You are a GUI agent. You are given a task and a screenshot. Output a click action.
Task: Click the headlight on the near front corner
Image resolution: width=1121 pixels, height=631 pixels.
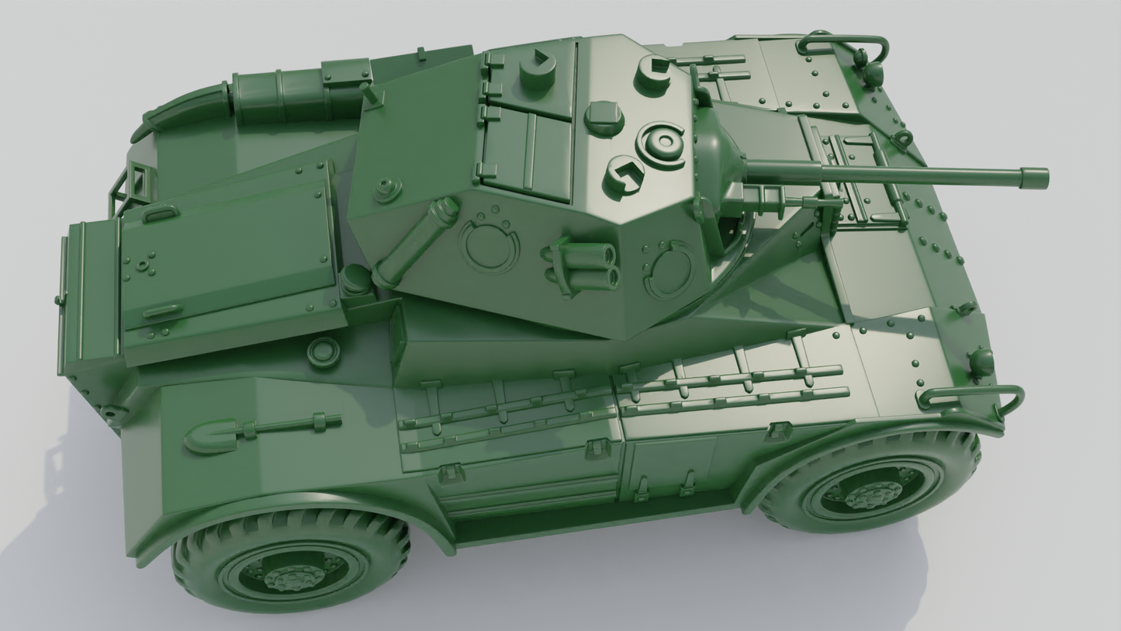(x=981, y=362)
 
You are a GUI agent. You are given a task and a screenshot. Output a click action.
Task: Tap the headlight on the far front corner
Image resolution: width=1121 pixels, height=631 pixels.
(x=874, y=74)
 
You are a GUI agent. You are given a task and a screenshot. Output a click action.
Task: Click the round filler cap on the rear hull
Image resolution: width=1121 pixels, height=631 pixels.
(x=323, y=352)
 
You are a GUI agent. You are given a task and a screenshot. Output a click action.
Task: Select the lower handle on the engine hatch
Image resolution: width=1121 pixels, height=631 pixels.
(x=162, y=312)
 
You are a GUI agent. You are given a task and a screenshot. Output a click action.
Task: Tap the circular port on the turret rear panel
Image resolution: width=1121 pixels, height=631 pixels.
(x=489, y=246)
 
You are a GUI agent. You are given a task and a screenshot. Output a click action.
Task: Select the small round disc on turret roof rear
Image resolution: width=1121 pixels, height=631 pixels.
(x=386, y=189)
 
